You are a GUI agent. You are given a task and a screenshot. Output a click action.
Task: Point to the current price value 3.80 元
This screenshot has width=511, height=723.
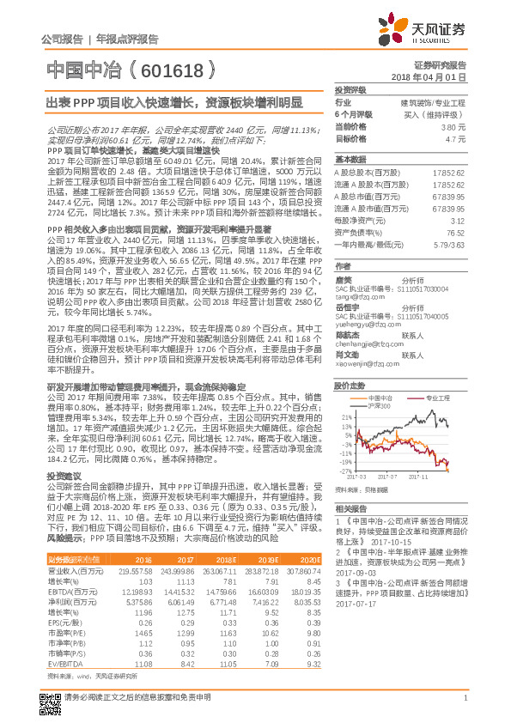point(455,126)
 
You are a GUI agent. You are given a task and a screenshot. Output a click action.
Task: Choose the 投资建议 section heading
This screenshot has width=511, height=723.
point(64,475)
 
